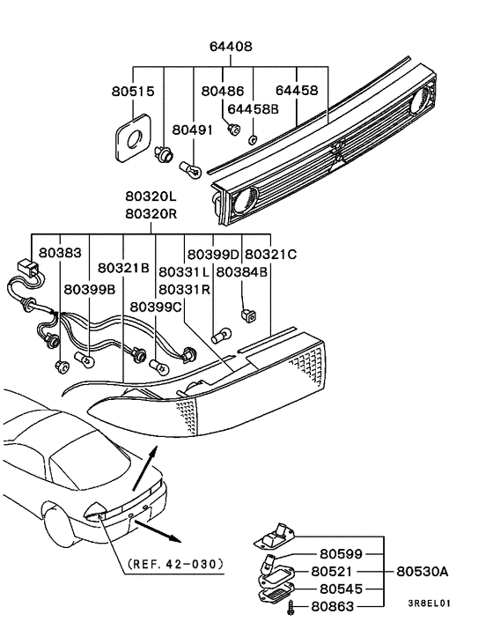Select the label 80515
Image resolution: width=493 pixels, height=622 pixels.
click(132, 90)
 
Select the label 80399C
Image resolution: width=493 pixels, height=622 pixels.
click(157, 307)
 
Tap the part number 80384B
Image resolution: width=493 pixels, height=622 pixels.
click(242, 272)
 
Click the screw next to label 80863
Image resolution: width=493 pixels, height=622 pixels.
click(291, 605)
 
